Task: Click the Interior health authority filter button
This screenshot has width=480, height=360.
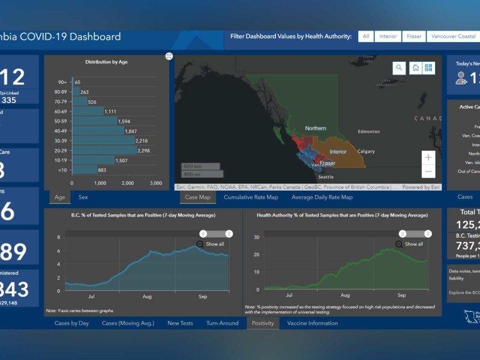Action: pyautogui.click(x=388, y=37)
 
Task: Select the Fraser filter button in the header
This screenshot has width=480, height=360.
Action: pyautogui.click(x=414, y=37)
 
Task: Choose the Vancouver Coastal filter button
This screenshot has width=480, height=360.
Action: pyautogui.click(x=454, y=37)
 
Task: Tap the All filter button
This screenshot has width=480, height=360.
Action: pyautogui.click(x=365, y=37)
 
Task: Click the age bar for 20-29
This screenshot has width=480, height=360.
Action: pyautogui.click(x=104, y=151)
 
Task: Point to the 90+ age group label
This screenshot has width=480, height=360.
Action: pyautogui.click(x=62, y=82)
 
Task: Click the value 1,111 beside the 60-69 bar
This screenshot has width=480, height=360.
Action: pyautogui.click(x=110, y=112)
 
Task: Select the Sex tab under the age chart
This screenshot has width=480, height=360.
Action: pyautogui.click(x=83, y=197)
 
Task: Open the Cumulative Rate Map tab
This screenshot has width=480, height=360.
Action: pyautogui.click(x=251, y=197)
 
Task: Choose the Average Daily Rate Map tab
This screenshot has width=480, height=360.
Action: pyautogui.click(x=322, y=197)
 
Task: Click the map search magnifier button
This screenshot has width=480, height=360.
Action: pyautogui.click(x=399, y=68)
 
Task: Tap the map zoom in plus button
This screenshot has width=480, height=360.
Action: pyautogui.click(x=428, y=158)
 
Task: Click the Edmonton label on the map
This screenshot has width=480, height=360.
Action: pyautogui.click(x=368, y=131)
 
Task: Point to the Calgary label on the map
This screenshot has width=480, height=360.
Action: pyautogui.click(x=366, y=151)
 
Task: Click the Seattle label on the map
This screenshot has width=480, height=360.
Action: pyautogui.click(x=326, y=177)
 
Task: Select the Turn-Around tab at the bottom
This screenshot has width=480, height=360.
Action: pyautogui.click(x=222, y=323)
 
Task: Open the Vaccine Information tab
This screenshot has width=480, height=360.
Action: pyautogui.click(x=312, y=323)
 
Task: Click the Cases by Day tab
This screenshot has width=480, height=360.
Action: pyautogui.click(x=71, y=323)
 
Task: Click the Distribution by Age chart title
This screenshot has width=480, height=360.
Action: pyautogui.click(x=106, y=62)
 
